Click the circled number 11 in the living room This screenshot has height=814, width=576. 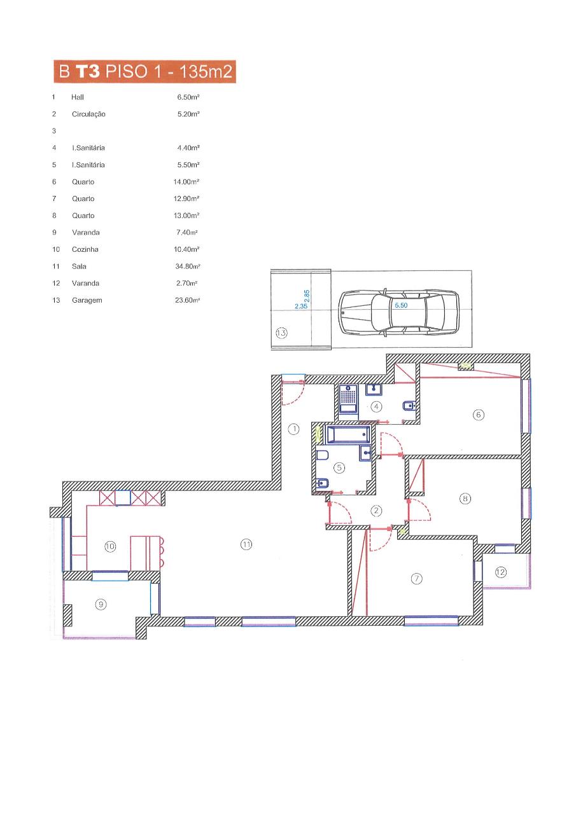(246, 544)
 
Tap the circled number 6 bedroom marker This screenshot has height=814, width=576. (478, 415)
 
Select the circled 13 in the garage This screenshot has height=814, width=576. (281, 333)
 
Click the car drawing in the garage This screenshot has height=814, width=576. (399, 313)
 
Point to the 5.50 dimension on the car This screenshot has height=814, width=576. (401, 305)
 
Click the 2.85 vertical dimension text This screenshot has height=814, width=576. (307, 296)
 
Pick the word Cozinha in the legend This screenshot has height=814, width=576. (85, 249)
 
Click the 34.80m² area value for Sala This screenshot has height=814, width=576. (188, 266)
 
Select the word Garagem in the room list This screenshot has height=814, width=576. (87, 300)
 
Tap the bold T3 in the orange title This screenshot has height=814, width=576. (88, 71)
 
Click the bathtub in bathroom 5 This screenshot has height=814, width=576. (348, 434)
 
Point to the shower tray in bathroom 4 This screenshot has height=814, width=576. (348, 399)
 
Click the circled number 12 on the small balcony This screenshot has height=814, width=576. (501, 572)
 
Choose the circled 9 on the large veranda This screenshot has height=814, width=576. (101, 604)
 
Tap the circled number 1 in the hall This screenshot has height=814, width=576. (293, 429)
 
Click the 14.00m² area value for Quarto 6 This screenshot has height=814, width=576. (186, 182)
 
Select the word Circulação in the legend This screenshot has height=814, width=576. (88, 114)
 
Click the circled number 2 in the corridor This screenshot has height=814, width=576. (376, 511)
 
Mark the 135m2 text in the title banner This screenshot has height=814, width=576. (206, 71)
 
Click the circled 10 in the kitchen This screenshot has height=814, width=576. (110, 546)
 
